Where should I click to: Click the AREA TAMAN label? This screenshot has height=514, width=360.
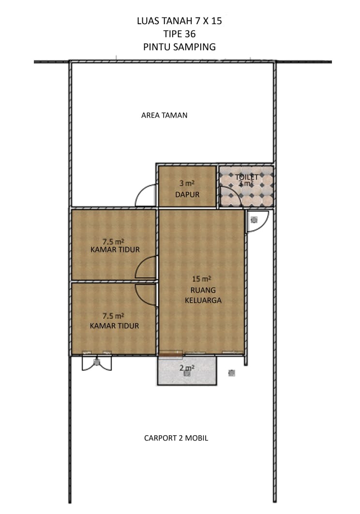(x=164, y=116)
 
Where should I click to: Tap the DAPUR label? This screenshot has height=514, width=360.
(x=187, y=195)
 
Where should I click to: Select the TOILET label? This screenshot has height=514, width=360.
(x=246, y=177)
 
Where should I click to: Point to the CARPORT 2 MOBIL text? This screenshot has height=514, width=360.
(x=176, y=438)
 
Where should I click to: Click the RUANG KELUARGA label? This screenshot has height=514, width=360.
(x=203, y=295)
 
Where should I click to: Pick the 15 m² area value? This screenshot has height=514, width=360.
(x=201, y=279)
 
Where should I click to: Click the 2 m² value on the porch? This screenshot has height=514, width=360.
(x=187, y=368)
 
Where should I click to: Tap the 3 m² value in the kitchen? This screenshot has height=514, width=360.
(x=187, y=183)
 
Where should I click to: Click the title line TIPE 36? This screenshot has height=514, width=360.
(x=180, y=34)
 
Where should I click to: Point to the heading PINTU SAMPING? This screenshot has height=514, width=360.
(x=180, y=47)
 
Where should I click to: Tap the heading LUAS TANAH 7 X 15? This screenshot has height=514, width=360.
(x=180, y=21)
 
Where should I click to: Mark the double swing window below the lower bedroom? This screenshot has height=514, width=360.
(x=97, y=363)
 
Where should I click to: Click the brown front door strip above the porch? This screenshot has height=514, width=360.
(x=170, y=353)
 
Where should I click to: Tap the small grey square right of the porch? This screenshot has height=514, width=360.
(x=232, y=373)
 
